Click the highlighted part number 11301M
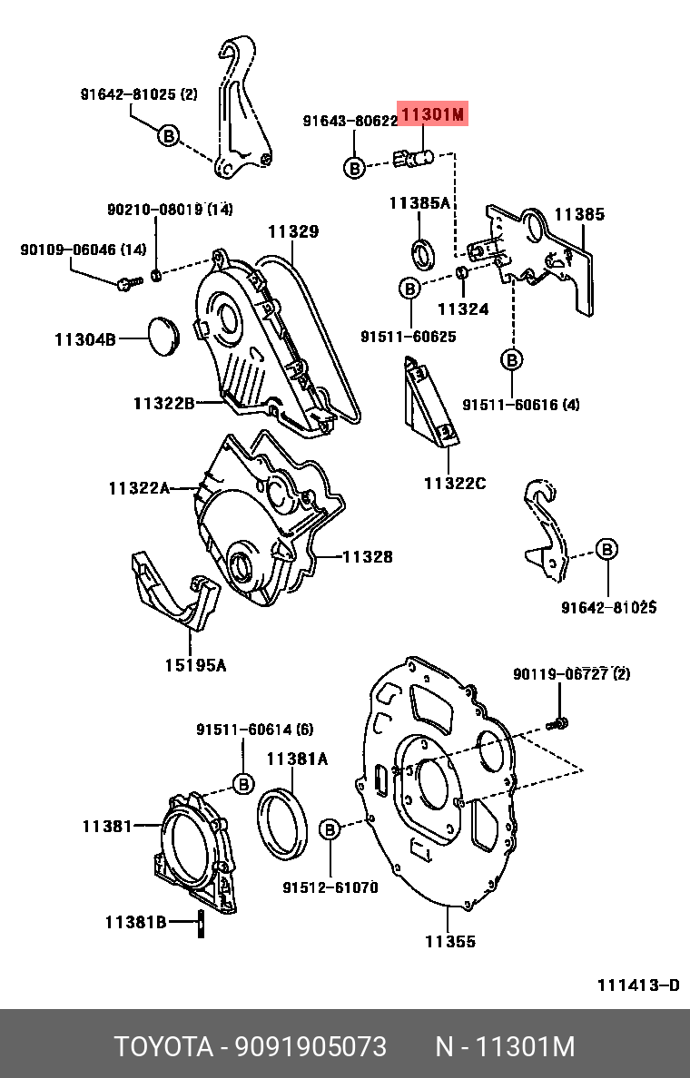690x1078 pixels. (x=433, y=114)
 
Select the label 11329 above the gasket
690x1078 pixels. (x=294, y=231)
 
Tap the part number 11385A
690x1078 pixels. (x=419, y=203)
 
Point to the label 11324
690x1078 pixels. (x=463, y=309)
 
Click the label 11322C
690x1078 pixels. (x=455, y=484)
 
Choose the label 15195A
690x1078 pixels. (x=195, y=665)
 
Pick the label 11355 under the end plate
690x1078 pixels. (x=450, y=941)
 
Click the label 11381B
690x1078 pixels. (x=135, y=922)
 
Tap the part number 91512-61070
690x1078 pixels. (x=330, y=887)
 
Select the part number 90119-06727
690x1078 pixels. (x=561, y=673)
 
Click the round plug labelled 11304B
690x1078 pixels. (x=164, y=337)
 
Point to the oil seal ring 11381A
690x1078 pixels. (x=282, y=824)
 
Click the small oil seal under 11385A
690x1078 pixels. (x=423, y=253)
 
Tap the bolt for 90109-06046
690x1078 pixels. (x=129, y=282)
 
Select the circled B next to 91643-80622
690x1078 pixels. (x=354, y=167)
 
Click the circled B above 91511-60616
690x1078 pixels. (x=512, y=359)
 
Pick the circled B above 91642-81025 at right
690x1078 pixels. (x=606, y=549)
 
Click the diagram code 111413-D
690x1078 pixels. (x=638, y=985)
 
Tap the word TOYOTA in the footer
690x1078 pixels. (x=163, y=1046)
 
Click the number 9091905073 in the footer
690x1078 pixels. (x=310, y=1046)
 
